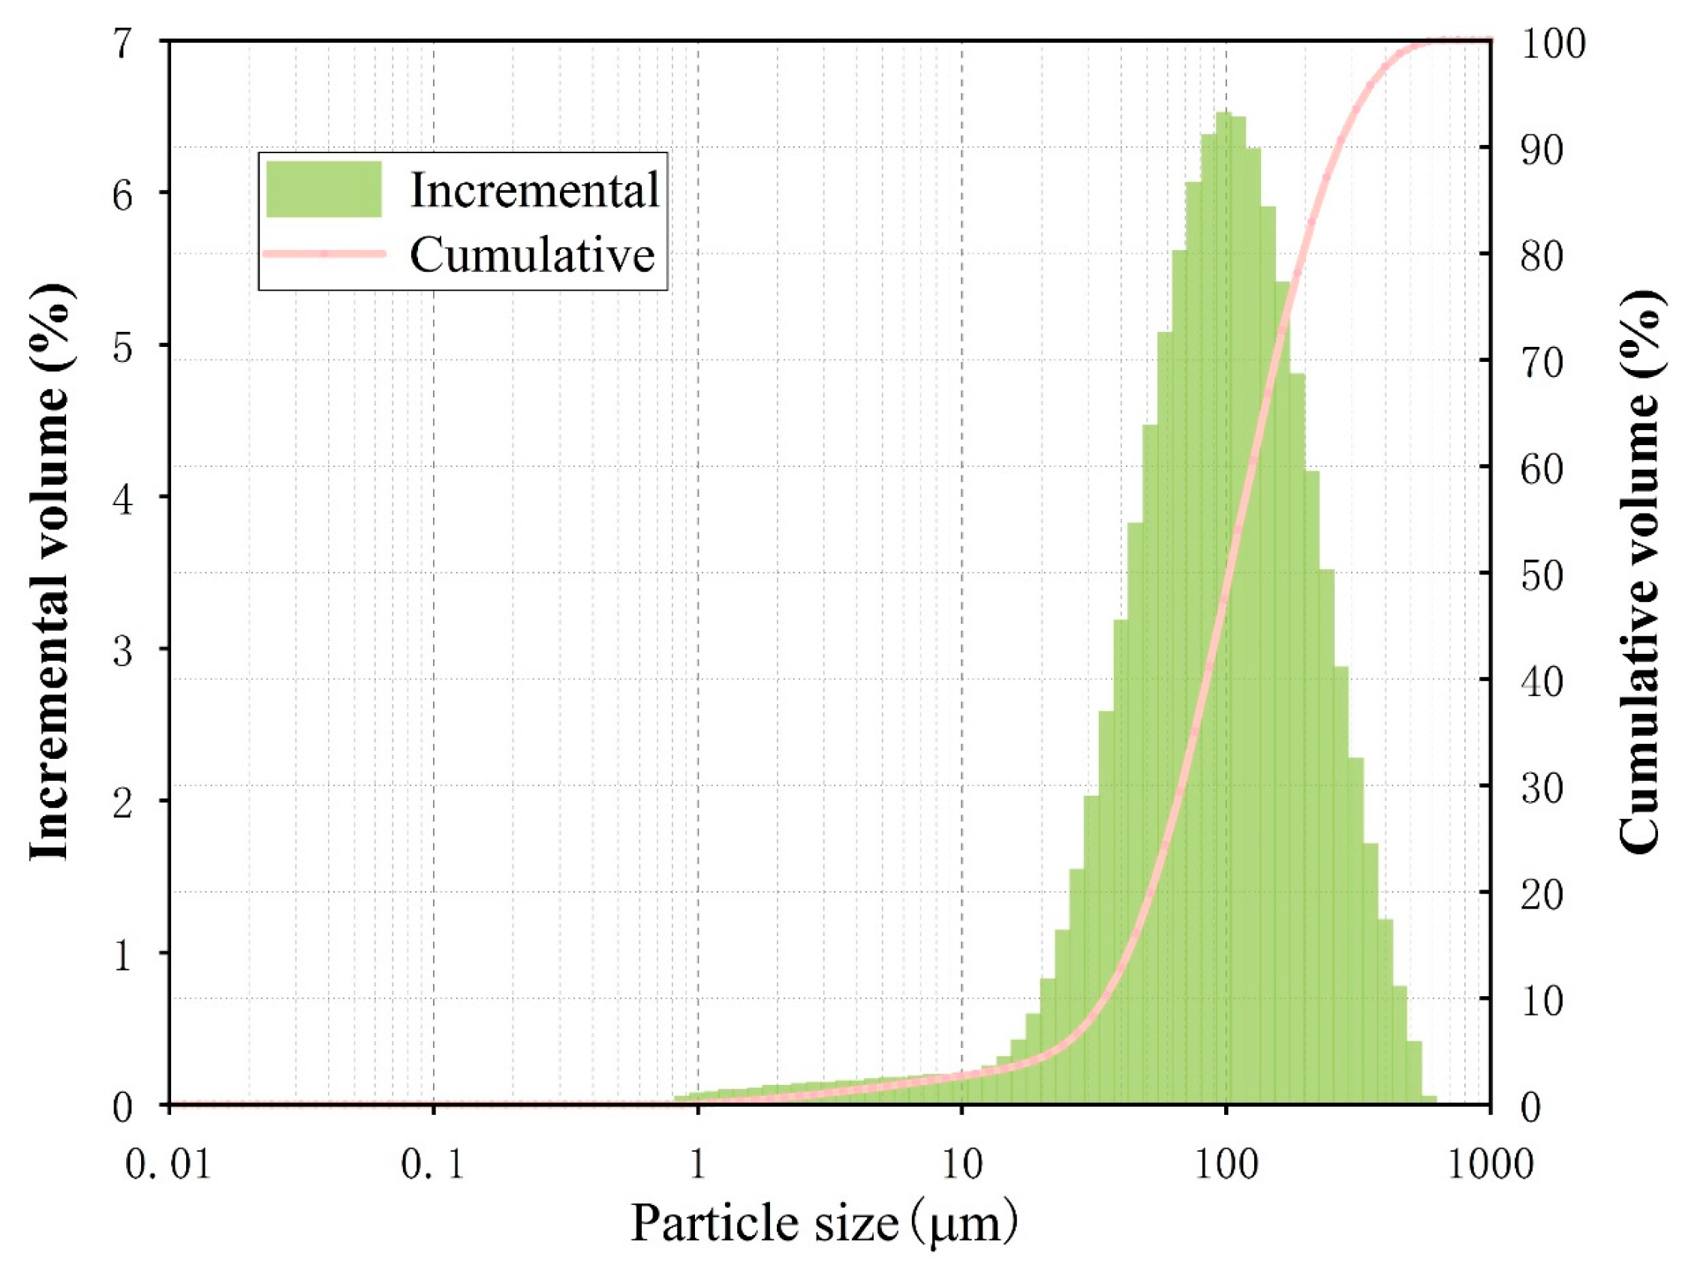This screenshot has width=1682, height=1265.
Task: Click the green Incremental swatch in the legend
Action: [x=323, y=189]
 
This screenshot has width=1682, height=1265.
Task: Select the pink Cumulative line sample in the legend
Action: [x=323, y=253]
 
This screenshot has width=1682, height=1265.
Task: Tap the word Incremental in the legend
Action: [x=534, y=189]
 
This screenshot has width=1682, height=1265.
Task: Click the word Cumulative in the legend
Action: [x=532, y=254]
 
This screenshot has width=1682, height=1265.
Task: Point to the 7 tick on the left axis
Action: [x=123, y=44]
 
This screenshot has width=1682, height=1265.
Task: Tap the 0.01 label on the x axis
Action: [x=168, y=1164]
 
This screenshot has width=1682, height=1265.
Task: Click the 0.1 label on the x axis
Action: [x=432, y=1164]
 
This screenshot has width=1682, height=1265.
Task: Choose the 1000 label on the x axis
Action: [x=1490, y=1164]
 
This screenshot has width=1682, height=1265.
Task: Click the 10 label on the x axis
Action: [x=962, y=1164]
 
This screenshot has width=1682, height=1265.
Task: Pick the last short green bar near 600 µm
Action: [x=1429, y=1100]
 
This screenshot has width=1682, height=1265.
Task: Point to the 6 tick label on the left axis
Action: [x=123, y=195]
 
